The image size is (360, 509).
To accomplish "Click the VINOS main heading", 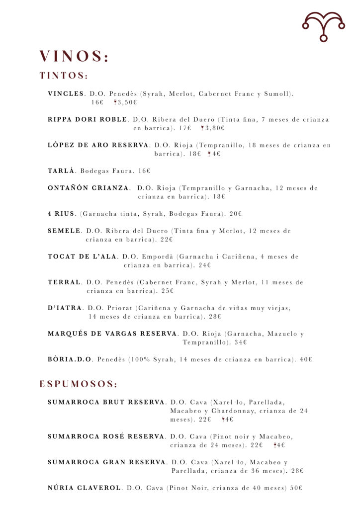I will click(x=74, y=57).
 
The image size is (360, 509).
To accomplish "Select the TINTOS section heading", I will click(x=64, y=76).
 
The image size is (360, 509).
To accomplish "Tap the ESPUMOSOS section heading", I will click(x=79, y=384).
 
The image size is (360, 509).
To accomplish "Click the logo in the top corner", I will click(x=323, y=26).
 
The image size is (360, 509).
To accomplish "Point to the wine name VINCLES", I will click(x=66, y=93).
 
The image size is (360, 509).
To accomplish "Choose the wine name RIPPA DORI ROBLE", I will click(x=87, y=119).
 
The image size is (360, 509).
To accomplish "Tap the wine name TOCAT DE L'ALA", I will click(x=82, y=256).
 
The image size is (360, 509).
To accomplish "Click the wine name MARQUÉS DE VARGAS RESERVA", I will click(x=112, y=334).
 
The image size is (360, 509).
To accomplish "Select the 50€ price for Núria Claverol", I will click(x=296, y=488).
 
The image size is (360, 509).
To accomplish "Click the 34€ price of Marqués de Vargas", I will click(x=241, y=342).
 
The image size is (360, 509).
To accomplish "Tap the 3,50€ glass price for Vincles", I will click(x=127, y=102).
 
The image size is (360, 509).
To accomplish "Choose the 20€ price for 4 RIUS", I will click(x=236, y=214).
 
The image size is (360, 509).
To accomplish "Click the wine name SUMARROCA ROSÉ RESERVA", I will click(x=106, y=436).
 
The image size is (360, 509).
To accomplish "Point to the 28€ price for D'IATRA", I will click(x=215, y=316).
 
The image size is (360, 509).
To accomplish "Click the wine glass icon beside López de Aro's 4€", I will click(x=209, y=154).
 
